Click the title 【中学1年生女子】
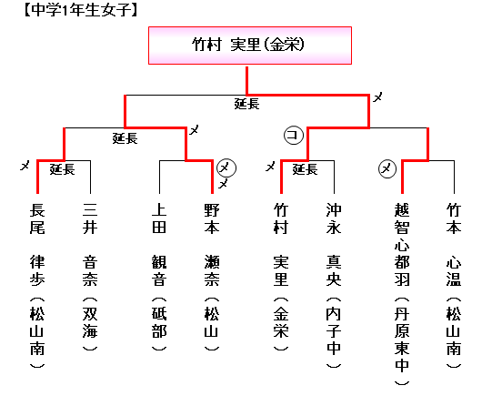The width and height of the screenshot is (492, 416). (81, 10)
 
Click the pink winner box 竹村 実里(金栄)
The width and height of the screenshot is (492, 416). (250, 46)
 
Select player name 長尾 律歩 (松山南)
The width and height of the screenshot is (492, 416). (37, 286)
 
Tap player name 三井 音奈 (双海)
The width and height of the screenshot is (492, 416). (90, 277)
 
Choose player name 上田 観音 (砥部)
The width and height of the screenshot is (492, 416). (159, 277)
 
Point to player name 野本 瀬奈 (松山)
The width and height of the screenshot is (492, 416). (212, 277)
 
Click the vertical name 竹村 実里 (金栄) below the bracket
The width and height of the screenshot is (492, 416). (281, 277)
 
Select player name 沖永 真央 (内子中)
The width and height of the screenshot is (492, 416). (334, 286)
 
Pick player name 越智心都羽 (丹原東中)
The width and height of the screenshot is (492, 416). (402, 294)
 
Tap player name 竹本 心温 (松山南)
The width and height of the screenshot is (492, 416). (454, 286)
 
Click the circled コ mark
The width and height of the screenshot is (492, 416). (294, 136)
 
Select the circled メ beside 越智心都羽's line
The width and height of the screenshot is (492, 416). (387, 169)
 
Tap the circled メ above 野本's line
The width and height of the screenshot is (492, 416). (226, 168)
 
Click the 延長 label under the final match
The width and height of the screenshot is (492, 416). (247, 104)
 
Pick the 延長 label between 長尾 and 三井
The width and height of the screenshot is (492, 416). (63, 169)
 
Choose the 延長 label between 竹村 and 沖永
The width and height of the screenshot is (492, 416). (305, 169)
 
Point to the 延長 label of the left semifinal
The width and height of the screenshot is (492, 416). (125, 138)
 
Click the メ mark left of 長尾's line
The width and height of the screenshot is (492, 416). (25, 166)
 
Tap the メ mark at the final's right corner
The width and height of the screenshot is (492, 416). (377, 97)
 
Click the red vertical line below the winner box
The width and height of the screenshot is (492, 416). (247, 80)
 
